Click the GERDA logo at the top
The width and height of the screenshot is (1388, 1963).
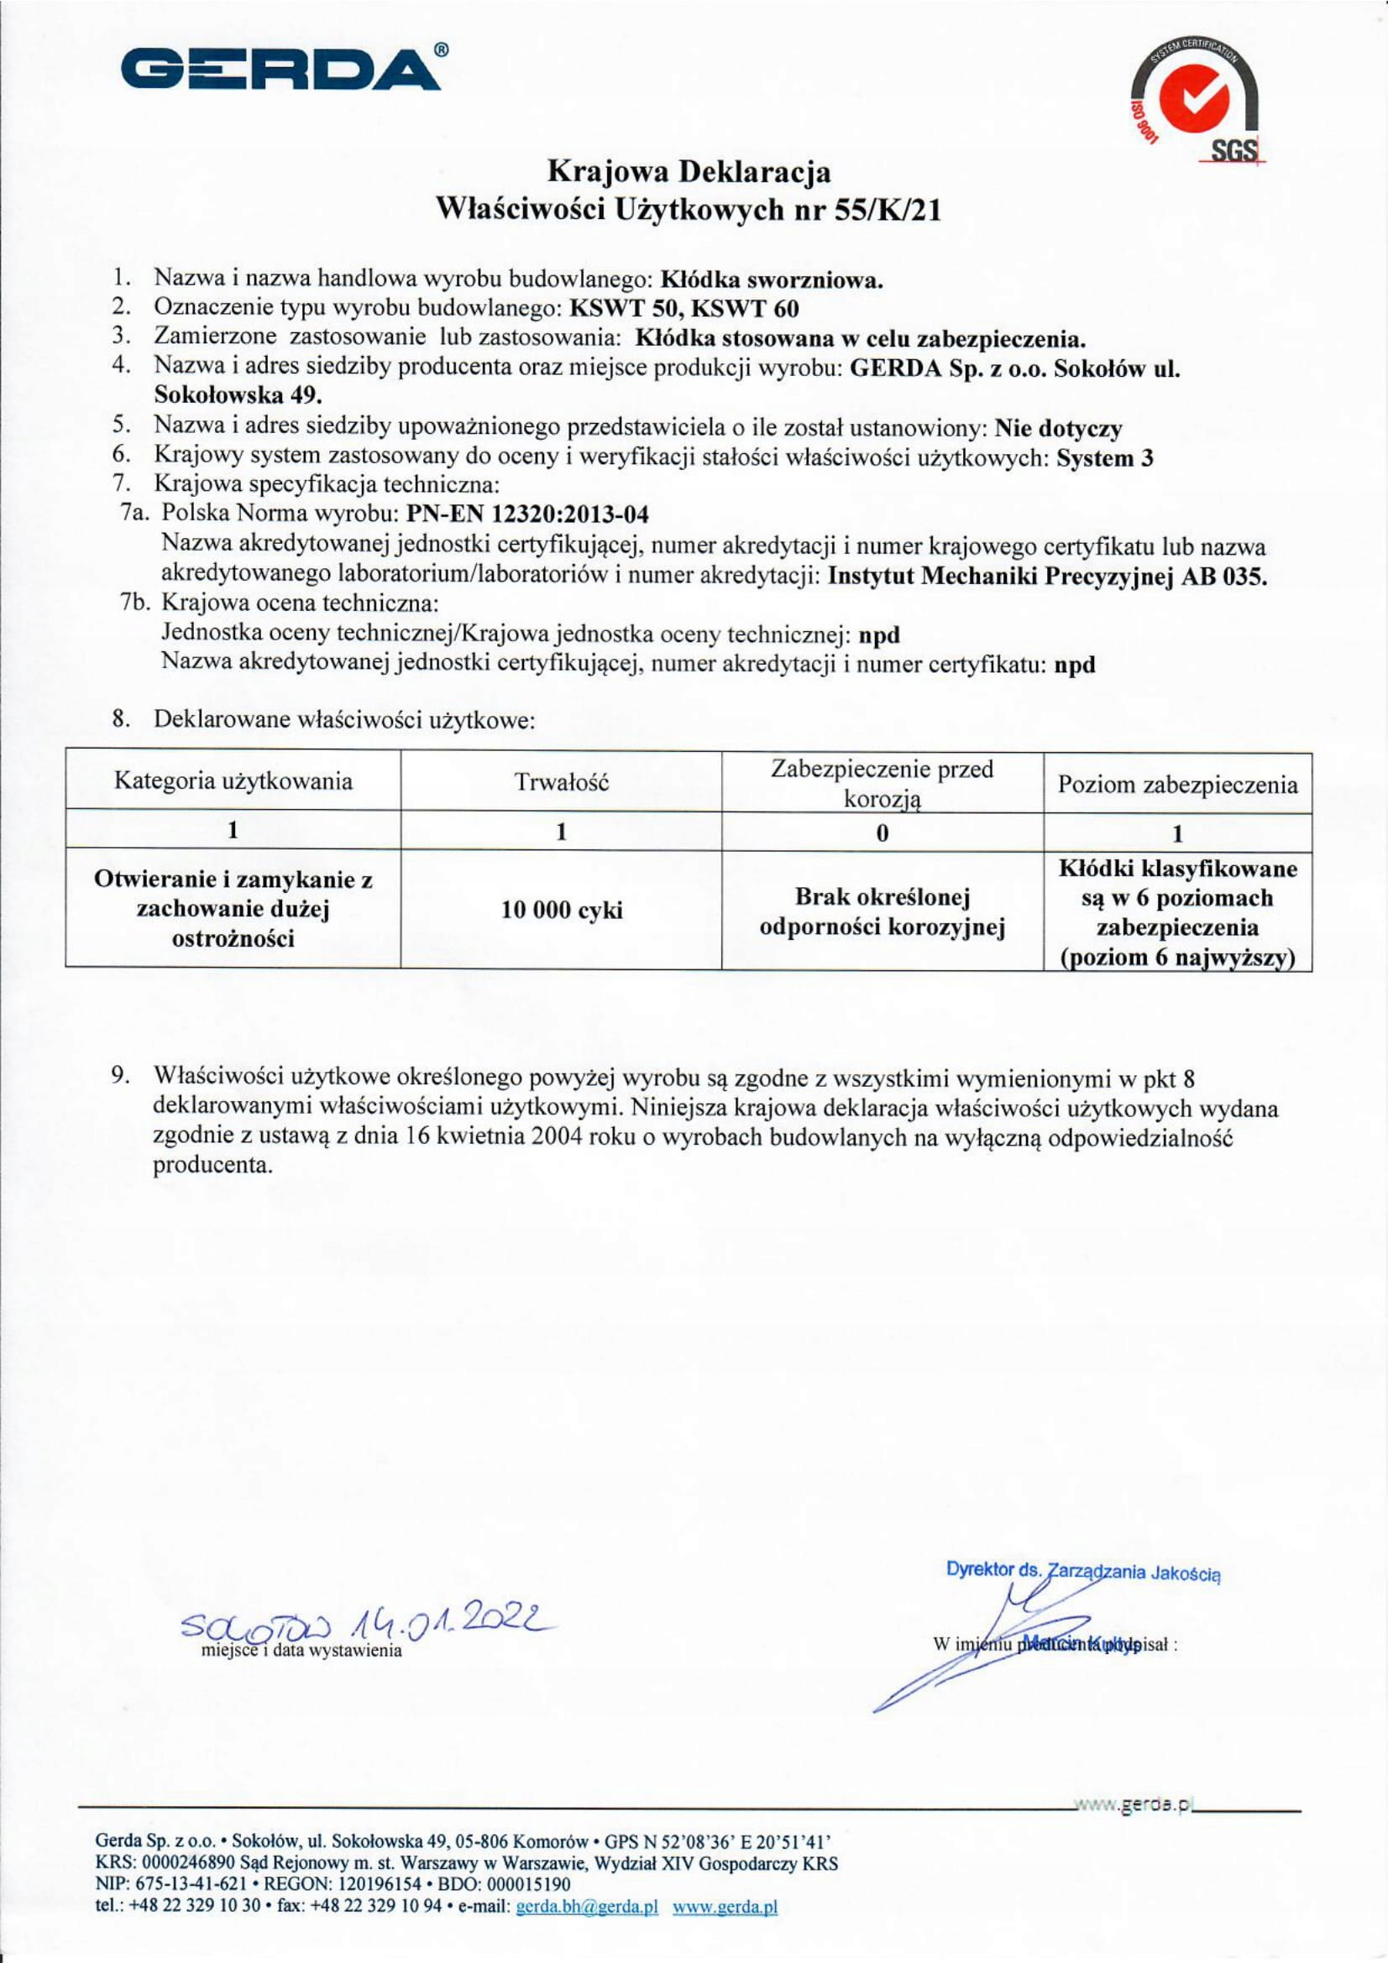click(x=285, y=68)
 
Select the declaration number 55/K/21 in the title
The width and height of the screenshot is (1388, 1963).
click(x=887, y=210)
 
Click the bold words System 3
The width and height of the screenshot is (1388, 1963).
click(x=1105, y=457)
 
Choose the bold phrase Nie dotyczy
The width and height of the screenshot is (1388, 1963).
click(x=1058, y=427)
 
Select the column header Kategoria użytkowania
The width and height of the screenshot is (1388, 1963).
click(x=233, y=781)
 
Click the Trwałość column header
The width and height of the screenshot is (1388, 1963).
click(x=561, y=781)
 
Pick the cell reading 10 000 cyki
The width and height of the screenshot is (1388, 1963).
click(x=561, y=910)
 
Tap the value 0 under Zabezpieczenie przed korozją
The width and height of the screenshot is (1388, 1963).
click(x=882, y=832)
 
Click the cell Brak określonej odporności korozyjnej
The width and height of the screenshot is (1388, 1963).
click(x=882, y=911)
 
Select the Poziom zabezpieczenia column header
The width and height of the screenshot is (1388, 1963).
click(x=1177, y=784)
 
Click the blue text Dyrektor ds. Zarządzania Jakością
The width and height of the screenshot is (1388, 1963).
click(x=1082, y=1570)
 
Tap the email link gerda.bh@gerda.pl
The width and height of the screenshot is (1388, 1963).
click(x=587, y=1924)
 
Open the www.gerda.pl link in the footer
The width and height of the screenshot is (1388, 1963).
click(x=725, y=1924)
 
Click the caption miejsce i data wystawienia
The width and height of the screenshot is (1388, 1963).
click(x=301, y=1651)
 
